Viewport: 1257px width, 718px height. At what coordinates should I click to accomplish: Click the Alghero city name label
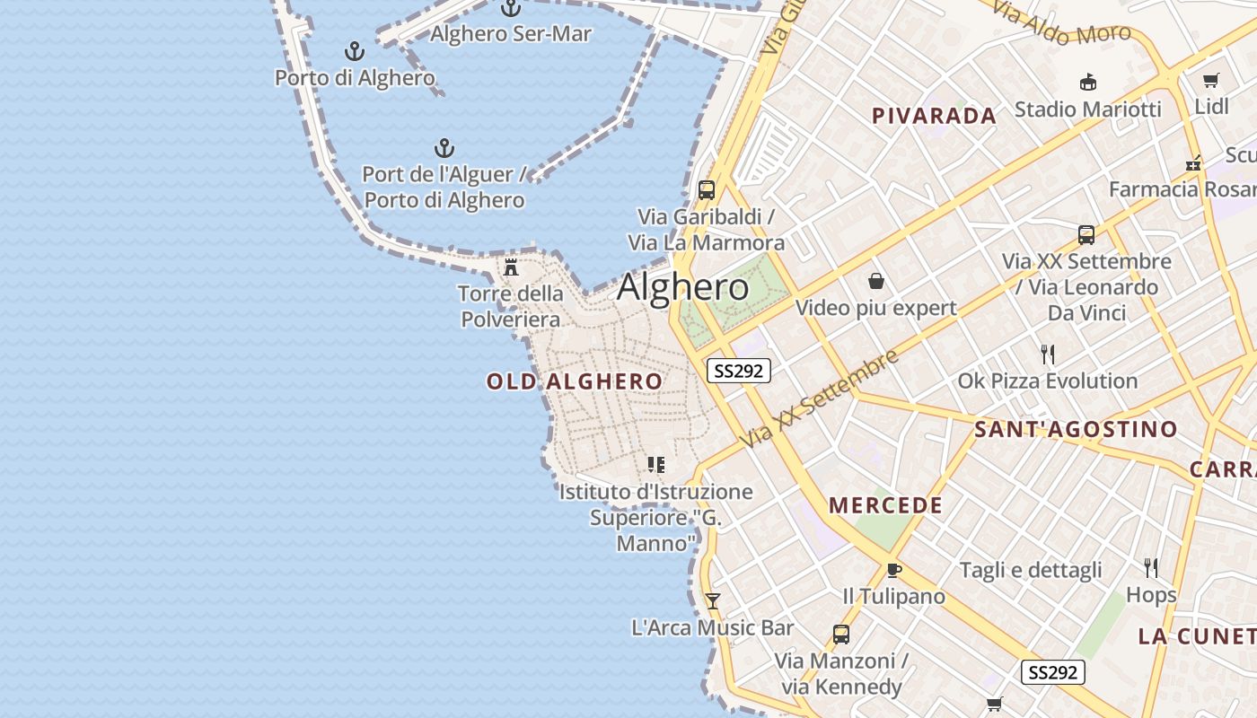click(682, 287)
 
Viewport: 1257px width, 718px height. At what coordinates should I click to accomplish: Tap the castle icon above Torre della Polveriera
click(511, 267)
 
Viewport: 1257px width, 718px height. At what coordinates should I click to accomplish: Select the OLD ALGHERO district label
click(575, 381)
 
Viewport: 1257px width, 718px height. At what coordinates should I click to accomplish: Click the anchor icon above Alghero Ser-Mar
click(510, 8)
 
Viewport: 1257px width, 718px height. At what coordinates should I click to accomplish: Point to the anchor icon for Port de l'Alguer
click(444, 148)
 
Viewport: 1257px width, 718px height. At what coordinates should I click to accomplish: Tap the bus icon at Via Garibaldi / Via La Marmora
click(706, 190)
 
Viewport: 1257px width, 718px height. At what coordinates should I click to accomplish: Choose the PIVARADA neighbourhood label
click(934, 116)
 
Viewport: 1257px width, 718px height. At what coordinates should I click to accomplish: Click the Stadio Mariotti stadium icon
click(1087, 83)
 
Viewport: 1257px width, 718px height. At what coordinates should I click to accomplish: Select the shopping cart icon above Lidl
click(1210, 81)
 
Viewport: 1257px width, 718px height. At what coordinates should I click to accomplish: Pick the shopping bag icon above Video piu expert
click(876, 282)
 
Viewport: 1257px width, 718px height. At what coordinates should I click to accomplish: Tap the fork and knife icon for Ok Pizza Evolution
click(1047, 354)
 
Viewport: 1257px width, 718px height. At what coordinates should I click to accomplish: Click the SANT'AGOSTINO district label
click(1076, 430)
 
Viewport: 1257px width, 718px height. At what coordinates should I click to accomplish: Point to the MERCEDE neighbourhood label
click(885, 505)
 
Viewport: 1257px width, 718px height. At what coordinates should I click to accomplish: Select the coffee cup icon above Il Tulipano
click(893, 570)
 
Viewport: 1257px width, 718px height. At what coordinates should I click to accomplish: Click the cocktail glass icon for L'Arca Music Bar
click(713, 600)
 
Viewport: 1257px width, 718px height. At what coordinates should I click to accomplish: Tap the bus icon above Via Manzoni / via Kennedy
click(840, 635)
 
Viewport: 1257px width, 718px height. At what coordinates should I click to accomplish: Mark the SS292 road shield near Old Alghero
click(738, 371)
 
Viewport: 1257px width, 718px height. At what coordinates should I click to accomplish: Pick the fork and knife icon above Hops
click(1151, 567)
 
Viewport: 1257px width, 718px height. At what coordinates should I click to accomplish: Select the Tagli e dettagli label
click(1031, 570)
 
